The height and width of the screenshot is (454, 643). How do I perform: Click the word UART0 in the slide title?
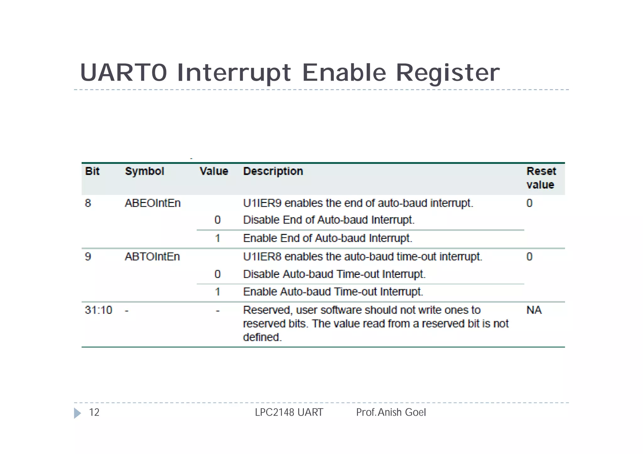(123, 73)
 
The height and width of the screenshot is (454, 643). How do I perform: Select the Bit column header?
(92, 171)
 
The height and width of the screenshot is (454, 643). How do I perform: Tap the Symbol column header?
(144, 171)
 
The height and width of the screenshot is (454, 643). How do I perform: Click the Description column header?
(273, 171)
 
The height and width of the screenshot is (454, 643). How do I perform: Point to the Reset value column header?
(541, 178)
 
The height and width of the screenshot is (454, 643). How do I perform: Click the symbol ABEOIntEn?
(153, 203)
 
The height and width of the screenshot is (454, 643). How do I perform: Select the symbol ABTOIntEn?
(152, 257)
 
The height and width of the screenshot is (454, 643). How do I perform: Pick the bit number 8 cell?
(88, 203)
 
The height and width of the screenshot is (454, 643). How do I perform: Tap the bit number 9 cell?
(88, 257)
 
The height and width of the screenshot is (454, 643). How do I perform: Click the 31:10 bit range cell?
(98, 310)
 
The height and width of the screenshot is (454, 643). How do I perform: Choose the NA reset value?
(534, 310)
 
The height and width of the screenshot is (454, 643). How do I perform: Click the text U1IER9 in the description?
(262, 203)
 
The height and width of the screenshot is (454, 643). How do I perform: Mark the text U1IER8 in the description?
(262, 257)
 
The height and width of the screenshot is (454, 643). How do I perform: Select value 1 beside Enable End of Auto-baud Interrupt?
(218, 238)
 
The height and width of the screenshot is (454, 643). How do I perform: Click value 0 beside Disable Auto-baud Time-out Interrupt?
(218, 274)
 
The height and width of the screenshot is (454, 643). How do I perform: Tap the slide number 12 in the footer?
(94, 412)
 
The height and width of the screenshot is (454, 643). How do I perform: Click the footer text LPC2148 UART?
(289, 412)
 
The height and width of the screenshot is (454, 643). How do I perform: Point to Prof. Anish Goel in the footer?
(391, 412)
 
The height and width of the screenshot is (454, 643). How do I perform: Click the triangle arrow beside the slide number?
(77, 413)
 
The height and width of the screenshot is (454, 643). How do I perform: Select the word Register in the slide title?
(447, 73)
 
